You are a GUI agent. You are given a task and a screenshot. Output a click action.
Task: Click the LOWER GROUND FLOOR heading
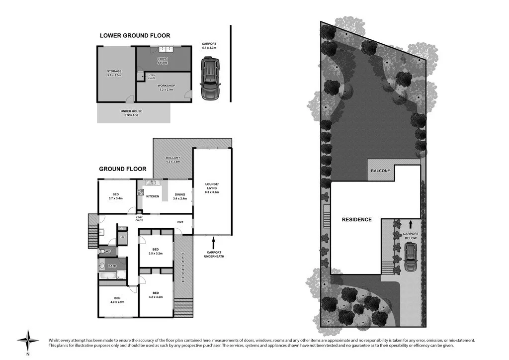135,35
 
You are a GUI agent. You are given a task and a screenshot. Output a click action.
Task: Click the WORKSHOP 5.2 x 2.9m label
167,88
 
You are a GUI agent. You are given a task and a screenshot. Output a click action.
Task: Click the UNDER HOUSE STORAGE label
129,113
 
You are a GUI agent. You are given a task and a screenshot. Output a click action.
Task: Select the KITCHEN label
153,196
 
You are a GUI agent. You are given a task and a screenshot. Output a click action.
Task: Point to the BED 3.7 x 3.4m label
115,196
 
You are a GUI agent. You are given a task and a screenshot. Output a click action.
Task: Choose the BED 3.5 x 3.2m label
156,251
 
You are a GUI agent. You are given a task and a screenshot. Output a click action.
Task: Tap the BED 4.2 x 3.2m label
156,295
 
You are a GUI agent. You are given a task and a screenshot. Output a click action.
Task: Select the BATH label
112,266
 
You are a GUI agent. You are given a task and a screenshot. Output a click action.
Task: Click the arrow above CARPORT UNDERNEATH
213,242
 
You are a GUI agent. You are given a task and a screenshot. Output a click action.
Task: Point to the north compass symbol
28,341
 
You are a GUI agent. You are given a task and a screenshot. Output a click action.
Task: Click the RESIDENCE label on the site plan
356,219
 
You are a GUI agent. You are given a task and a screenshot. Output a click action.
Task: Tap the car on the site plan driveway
411,259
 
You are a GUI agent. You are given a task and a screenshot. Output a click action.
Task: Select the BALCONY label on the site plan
381,171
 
